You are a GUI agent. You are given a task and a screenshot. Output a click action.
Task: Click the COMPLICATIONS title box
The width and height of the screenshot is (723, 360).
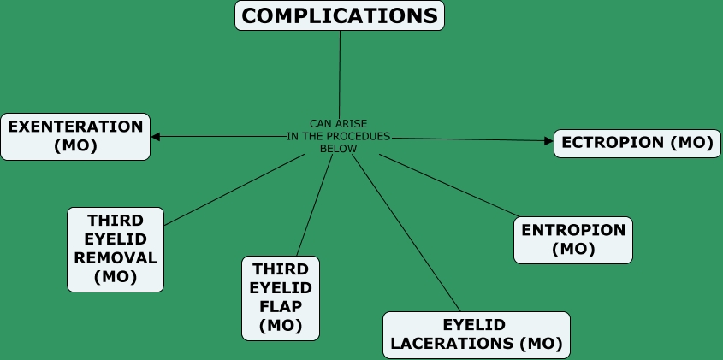pyautogui.click(x=340, y=15)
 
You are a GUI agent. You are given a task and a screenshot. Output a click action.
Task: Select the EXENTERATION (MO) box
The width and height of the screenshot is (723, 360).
pyautogui.click(x=75, y=137)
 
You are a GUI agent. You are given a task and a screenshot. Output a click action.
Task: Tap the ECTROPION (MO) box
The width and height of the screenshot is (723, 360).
pyautogui.click(x=637, y=144)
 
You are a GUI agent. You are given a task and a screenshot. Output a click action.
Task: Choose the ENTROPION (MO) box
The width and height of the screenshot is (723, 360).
pyautogui.click(x=573, y=240)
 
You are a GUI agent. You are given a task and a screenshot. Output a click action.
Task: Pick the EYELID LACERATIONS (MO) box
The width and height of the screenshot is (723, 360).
pyautogui.click(x=477, y=335)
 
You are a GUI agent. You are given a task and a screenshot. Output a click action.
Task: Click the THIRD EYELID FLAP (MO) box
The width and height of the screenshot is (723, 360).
pyautogui.click(x=281, y=298)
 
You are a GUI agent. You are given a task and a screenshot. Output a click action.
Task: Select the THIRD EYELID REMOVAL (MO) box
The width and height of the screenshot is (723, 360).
pyautogui.click(x=116, y=250)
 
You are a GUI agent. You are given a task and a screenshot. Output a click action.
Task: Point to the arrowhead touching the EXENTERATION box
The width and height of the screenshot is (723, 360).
pyautogui.click(x=156, y=137)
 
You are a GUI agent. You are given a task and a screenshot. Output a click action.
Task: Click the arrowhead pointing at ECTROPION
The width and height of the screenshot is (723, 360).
pyautogui.click(x=548, y=141)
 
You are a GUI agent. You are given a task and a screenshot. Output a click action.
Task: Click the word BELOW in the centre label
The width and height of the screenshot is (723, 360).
pyautogui.click(x=339, y=149)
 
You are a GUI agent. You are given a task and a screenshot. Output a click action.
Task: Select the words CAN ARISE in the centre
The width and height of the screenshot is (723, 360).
pyautogui.click(x=339, y=124)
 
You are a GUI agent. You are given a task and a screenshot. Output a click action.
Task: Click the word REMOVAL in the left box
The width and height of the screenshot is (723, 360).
pyautogui.click(x=116, y=258)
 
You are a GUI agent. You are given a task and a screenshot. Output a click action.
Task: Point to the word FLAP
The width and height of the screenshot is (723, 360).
pyautogui.click(x=281, y=306)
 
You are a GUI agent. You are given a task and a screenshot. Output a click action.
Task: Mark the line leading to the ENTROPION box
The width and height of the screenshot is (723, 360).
pyautogui.click(x=449, y=186)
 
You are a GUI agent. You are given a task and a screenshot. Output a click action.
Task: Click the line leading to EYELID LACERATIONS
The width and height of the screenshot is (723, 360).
pyautogui.click(x=406, y=233)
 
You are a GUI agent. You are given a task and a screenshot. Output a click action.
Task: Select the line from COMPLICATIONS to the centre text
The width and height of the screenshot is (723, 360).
pyautogui.click(x=340, y=75)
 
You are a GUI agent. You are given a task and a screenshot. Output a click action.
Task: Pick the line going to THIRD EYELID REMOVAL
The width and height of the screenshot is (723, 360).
pyautogui.click(x=234, y=190)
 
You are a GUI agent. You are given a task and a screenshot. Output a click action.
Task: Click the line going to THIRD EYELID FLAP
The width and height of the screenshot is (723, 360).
pyautogui.click(x=315, y=205)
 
